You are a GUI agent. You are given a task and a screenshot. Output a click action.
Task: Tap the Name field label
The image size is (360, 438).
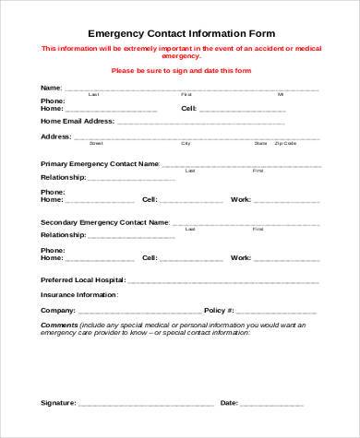point(51,88)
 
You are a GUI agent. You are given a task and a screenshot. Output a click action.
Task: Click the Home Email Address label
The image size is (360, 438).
point(77,121)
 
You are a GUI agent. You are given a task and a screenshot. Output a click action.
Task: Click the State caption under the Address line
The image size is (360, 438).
point(260,143)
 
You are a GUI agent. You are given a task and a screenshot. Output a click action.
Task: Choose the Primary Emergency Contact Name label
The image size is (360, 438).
point(100,163)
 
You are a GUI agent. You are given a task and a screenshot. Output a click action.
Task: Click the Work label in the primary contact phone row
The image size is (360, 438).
point(240,199)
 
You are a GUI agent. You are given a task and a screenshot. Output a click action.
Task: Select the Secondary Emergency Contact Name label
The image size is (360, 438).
point(104,222)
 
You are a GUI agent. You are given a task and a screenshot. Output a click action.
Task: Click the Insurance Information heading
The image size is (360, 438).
point(79,294)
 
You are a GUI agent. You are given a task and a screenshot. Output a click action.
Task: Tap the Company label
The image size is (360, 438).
point(57,311)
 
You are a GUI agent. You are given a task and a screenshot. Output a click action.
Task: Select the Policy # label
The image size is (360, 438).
point(220,311)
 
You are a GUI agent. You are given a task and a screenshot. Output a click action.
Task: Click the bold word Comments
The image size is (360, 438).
point(58,325)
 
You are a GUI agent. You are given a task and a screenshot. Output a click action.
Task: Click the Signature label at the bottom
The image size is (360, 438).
point(59,403)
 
